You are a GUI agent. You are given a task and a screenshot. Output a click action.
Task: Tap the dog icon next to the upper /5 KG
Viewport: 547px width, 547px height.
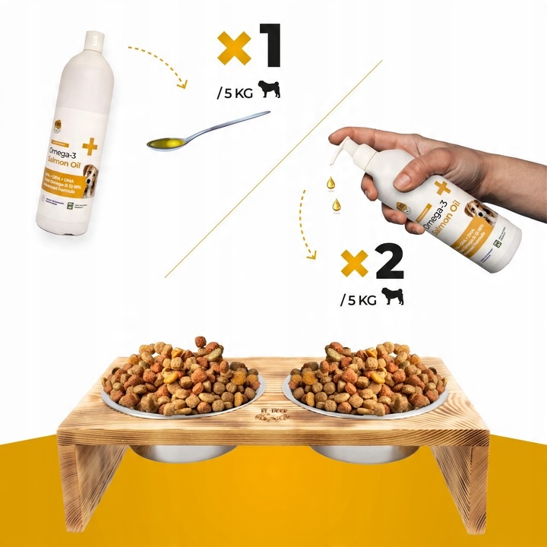270,91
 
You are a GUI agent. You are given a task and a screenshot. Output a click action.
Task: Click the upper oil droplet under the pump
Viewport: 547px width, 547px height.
331,182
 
